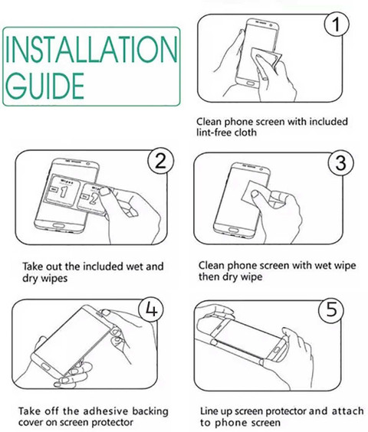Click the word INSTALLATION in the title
[x=91, y=49]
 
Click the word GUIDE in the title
[x=44, y=86]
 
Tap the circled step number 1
[x=337, y=24]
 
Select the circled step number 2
[x=161, y=161]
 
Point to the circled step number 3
[x=340, y=162]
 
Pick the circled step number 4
[x=151, y=309]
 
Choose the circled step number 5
[x=331, y=309]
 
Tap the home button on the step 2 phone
[x=58, y=226]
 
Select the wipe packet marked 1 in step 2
[x=63, y=191]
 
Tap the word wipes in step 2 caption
[x=54, y=278]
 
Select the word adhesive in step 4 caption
[x=105, y=411]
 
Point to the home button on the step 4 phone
[x=45, y=366]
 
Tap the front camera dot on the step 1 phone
[x=271, y=25]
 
